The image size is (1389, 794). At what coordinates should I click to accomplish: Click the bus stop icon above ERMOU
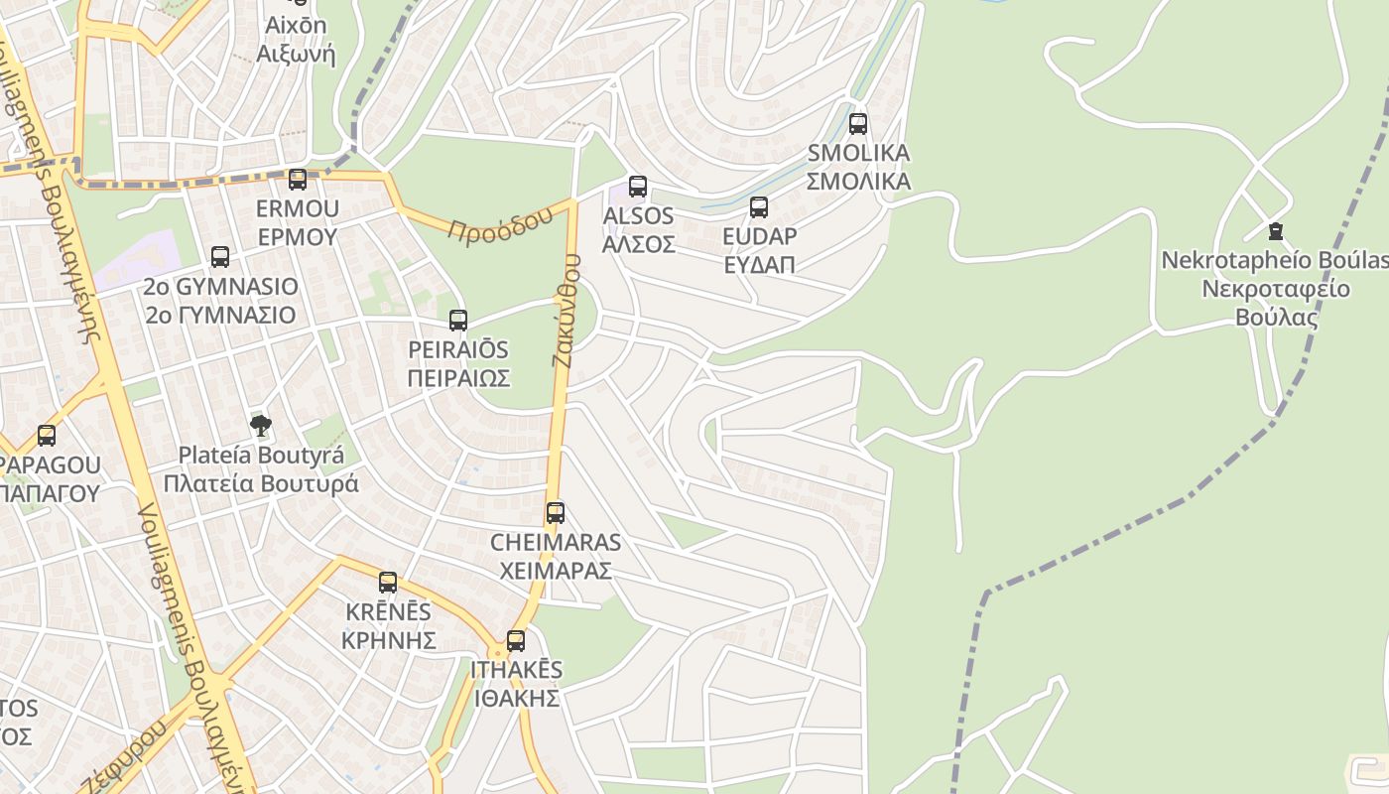click(298, 180)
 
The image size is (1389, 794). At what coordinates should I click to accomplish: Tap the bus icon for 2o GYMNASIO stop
click(220, 257)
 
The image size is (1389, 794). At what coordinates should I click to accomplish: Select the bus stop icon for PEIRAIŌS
click(458, 321)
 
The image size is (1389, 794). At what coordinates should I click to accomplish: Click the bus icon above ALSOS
click(638, 187)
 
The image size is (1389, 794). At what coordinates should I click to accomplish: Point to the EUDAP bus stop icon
click(759, 207)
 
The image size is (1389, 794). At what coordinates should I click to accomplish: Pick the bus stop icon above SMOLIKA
click(858, 124)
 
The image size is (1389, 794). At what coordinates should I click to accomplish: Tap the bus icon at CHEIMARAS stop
click(556, 513)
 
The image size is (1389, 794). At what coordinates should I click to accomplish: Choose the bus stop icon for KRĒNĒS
click(388, 583)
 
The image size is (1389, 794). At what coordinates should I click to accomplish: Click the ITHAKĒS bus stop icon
click(516, 641)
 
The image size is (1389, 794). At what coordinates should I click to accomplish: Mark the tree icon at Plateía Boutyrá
click(261, 426)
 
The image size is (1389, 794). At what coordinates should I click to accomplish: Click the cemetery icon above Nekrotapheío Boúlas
click(1276, 231)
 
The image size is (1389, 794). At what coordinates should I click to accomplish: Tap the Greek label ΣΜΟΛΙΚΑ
click(858, 182)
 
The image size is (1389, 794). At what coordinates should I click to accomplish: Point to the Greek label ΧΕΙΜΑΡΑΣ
click(555, 572)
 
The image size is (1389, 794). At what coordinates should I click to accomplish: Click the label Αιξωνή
click(296, 55)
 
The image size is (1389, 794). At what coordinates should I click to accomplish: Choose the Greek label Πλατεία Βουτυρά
click(261, 484)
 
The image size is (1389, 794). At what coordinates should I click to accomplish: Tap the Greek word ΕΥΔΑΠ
click(759, 265)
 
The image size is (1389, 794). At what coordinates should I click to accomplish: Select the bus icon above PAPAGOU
click(47, 436)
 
